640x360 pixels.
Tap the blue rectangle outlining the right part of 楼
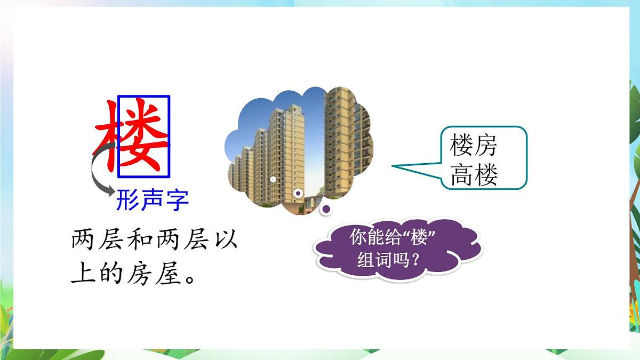[170, 136]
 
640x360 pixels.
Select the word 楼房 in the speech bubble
[474, 145]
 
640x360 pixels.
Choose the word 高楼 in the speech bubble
[474, 175]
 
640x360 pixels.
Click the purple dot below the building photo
[327, 210]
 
